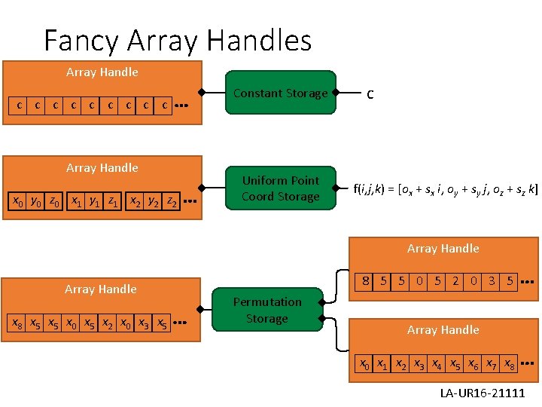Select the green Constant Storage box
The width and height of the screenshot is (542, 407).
coord(280,93)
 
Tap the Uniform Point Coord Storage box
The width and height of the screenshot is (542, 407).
coord(280,188)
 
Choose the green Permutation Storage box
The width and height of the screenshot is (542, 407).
coord(266,310)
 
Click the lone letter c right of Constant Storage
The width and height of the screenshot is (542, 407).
coord(370,93)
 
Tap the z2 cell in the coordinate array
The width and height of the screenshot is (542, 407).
coord(172,202)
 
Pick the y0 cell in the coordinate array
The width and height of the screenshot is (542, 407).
coord(35,202)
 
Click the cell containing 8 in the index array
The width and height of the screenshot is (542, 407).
coord(365,281)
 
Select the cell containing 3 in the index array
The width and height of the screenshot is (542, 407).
coord(492,281)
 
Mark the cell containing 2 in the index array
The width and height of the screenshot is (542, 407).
coord(455,281)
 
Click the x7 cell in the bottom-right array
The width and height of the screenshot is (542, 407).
coord(492,364)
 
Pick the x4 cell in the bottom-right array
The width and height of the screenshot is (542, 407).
coord(437,364)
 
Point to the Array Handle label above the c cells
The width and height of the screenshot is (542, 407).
coord(102,72)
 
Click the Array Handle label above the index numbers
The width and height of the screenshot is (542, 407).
coord(443,249)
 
